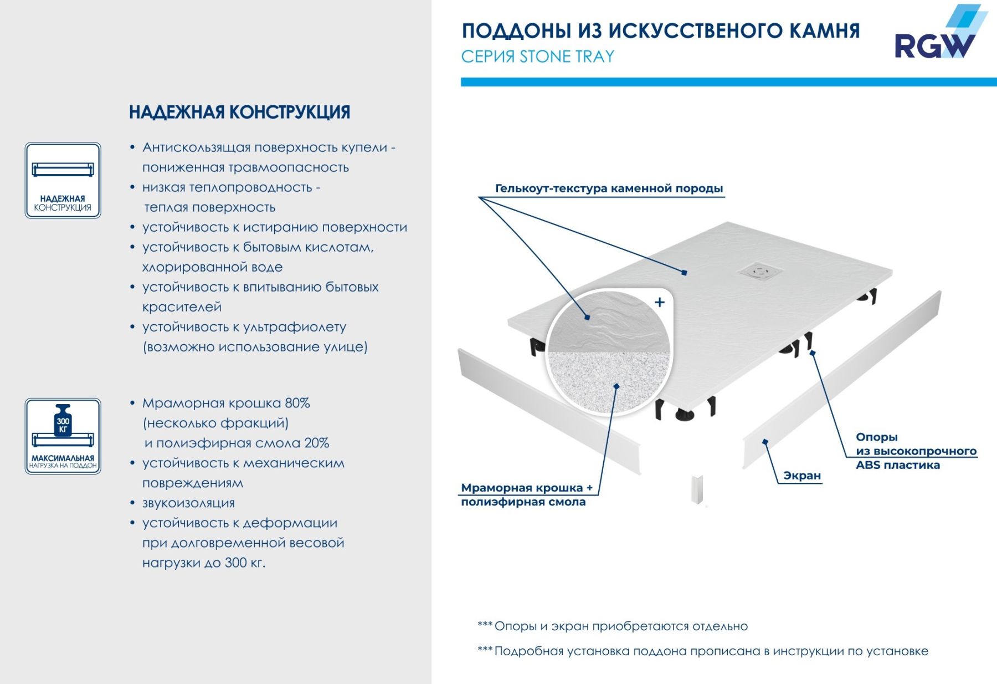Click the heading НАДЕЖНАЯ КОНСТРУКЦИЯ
coord(239,112)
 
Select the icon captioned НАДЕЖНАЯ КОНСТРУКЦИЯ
coord(63,180)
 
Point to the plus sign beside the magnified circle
coord(659,302)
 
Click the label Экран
coord(801,476)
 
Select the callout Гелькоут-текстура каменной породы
coord(609,188)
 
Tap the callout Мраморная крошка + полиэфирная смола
coord(526,495)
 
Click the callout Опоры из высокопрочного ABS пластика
coord(915,451)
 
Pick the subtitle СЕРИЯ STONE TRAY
coord(537,57)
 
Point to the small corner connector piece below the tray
coord(697,489)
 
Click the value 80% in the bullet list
coord(297,403)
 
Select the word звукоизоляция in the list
coord(188,503)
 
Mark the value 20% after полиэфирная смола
coord(317,443)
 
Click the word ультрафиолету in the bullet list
coord(299,327)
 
